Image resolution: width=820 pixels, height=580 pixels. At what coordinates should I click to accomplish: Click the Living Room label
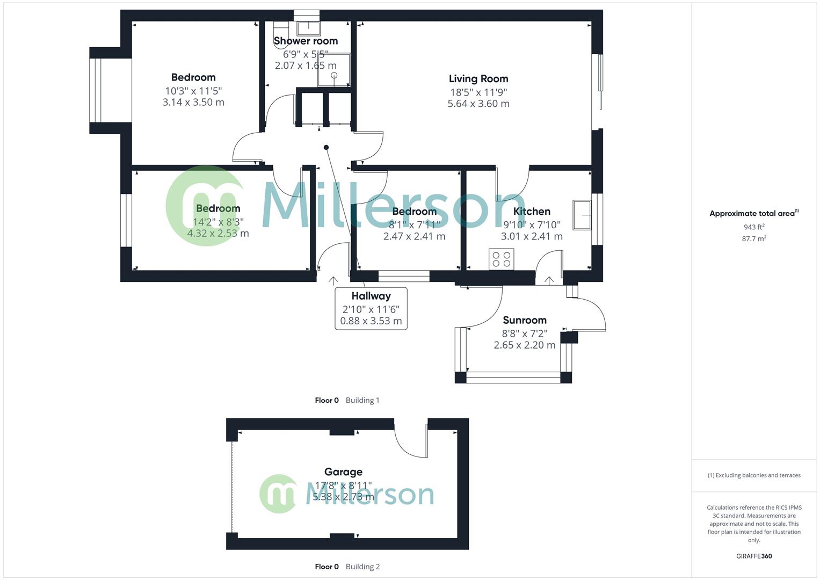coord(478,79)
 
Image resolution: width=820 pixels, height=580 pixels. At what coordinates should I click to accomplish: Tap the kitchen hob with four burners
coord(501,259)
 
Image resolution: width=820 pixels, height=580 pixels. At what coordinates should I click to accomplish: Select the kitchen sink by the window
coord(582,215)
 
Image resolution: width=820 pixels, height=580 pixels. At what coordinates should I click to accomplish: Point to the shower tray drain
coord(334,75)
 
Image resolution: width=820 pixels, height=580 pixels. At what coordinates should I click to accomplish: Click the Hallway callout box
coord(371,308)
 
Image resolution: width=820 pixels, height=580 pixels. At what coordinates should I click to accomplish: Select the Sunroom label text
coord(524,320)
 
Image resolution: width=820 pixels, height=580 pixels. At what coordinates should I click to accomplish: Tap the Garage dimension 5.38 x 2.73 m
coord(343,497)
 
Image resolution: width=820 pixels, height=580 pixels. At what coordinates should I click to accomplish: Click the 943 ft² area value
coord(754,227)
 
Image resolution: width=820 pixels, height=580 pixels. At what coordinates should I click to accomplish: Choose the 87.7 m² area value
coord(754,238)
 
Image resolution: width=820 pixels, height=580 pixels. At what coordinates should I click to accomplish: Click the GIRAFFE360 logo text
coord(754,556)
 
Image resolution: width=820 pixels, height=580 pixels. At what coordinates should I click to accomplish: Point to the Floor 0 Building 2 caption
coord(347,567)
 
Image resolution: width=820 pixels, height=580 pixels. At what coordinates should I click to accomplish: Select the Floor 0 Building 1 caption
coord(347,400)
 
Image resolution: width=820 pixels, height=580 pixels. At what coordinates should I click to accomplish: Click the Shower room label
coord(306,41)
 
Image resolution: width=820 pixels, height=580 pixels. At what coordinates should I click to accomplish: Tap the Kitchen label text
coord(531,212)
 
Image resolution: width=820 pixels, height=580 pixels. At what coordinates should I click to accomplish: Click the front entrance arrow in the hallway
coord(333,280)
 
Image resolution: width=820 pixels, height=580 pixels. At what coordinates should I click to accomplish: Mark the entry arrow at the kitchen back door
coord(549,280)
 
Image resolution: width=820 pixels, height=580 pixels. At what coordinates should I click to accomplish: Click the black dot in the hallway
coord(326,147)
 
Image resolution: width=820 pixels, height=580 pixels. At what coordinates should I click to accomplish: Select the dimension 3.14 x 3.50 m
coord(193,102)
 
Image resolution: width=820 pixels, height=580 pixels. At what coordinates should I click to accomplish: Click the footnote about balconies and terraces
coord(754,475)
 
